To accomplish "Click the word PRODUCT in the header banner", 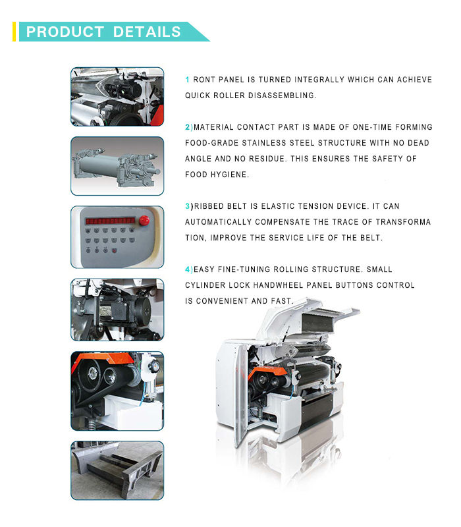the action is (65, 32).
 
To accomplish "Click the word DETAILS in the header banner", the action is (147, 32).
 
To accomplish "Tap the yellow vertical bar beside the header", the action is (14, 32).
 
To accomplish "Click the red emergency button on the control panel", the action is (144, 221).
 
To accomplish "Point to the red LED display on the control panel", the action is (110, 221).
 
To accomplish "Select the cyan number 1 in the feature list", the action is (187, 80).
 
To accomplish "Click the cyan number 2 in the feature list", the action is (188, 127).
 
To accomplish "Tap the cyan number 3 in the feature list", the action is (188, 206).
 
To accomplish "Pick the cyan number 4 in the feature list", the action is (188, 269).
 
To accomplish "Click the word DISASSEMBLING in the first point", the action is (283, 96).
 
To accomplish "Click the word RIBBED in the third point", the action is (209, 206).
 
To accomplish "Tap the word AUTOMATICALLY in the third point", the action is (219, 222).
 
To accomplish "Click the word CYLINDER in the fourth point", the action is (205, 285).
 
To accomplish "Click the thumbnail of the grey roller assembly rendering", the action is (117, 166).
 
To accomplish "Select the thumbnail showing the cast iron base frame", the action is (117, 470).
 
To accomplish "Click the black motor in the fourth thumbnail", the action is (124, 309).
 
